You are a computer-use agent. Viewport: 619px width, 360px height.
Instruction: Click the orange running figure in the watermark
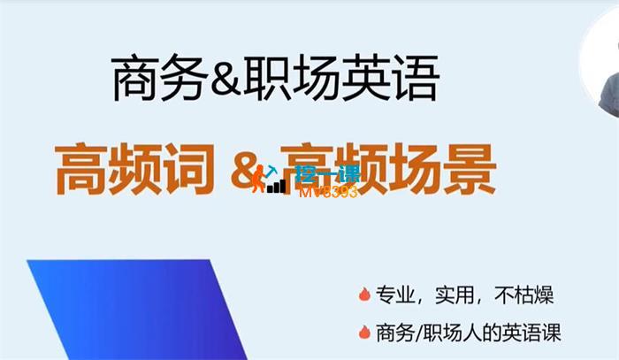click(x=258, y=180)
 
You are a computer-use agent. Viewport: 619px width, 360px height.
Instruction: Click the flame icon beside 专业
click(x=363, y=294)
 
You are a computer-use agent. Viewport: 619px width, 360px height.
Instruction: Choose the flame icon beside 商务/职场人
click(x=363, y=333)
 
